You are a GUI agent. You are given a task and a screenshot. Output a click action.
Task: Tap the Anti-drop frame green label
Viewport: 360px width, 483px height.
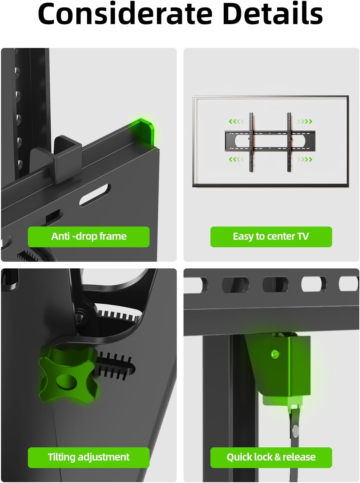89,236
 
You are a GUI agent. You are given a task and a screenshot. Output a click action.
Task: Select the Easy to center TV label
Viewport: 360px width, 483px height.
271,236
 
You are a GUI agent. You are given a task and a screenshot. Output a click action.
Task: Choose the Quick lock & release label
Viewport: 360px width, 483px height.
271,457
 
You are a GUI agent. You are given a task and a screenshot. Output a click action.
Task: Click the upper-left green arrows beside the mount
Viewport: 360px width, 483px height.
236,122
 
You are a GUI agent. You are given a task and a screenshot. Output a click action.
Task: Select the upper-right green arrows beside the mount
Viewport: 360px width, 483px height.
304,122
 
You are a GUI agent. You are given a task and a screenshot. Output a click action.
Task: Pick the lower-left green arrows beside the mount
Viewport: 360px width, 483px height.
236,159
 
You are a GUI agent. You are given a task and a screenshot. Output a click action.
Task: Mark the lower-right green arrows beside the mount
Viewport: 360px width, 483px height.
304,159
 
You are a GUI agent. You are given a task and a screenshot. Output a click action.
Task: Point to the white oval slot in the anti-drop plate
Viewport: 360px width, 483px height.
95,195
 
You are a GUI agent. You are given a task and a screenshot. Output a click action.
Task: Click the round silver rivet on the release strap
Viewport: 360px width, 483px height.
295,430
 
